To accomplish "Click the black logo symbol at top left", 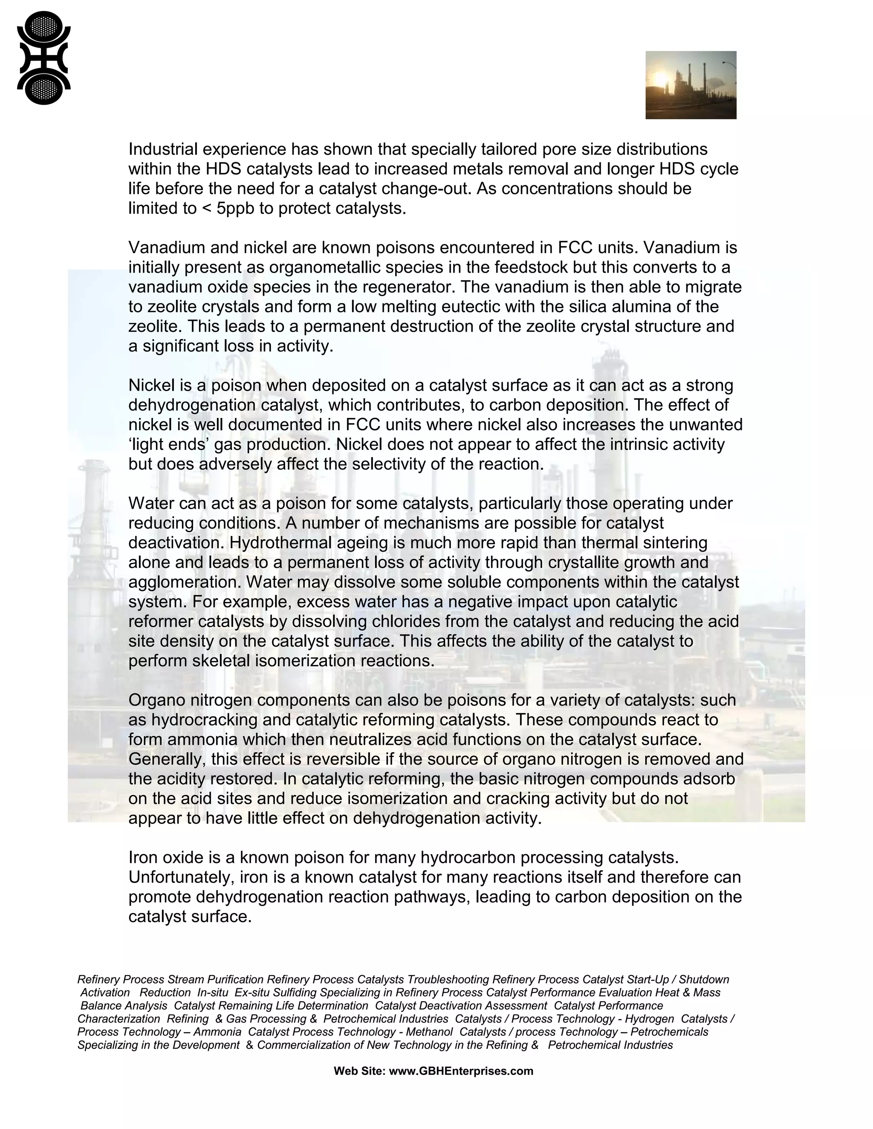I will [x=43, y=58].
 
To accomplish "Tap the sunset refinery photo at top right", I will [x=691, y=85].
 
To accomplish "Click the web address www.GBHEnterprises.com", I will [x=460, y=1071].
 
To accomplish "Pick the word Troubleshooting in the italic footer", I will [x=448, y=979].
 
